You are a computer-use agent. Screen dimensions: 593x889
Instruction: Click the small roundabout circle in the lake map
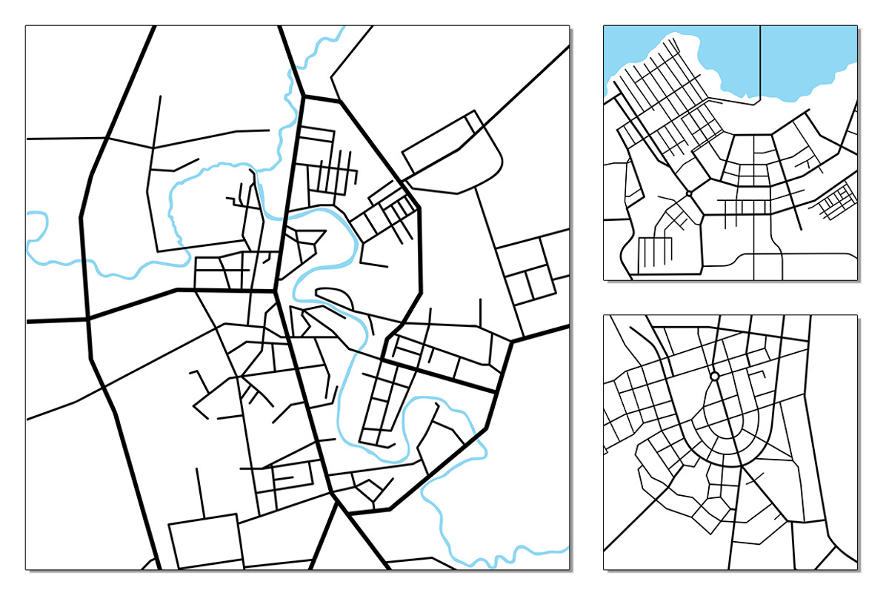click(x=689, y=193)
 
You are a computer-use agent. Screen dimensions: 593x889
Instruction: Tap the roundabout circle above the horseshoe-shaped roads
click(x=714, y=377)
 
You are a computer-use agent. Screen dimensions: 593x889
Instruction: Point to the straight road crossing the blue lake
click(x=761, y=59)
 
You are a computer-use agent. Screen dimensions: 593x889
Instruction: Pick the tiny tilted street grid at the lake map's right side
click(x=838, y=202)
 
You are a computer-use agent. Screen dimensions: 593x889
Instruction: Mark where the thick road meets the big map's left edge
click(x=30, y=322)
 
